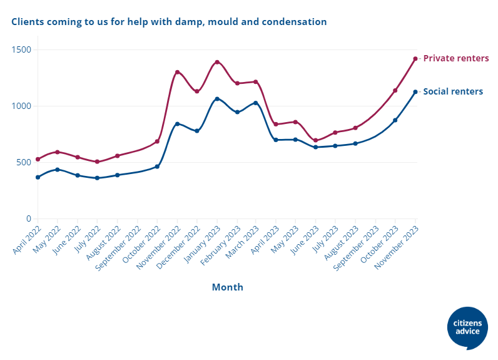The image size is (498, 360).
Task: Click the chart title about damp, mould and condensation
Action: pos(169,22)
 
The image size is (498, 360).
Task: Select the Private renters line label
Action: pos(455,58)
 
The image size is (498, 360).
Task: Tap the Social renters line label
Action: pos(453,91)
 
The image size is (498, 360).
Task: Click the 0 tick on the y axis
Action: pos(28,219)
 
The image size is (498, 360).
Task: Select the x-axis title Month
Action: pos(227,287)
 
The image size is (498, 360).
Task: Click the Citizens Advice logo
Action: pos(468,327)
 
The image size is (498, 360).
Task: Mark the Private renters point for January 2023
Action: pos(217,62)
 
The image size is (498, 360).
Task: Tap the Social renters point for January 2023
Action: pos(217,99)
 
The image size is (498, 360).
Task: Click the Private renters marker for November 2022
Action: pos(177,72)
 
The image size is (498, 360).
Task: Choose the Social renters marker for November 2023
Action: pos(415,92)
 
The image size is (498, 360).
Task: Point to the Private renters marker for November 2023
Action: pos(415,59)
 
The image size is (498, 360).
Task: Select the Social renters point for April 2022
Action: pos(38,177)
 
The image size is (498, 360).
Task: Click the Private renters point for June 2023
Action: pos(316,140)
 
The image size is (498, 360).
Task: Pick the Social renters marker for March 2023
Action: pos(256,103)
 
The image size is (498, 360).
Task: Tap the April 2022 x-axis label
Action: pos(27,239)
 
